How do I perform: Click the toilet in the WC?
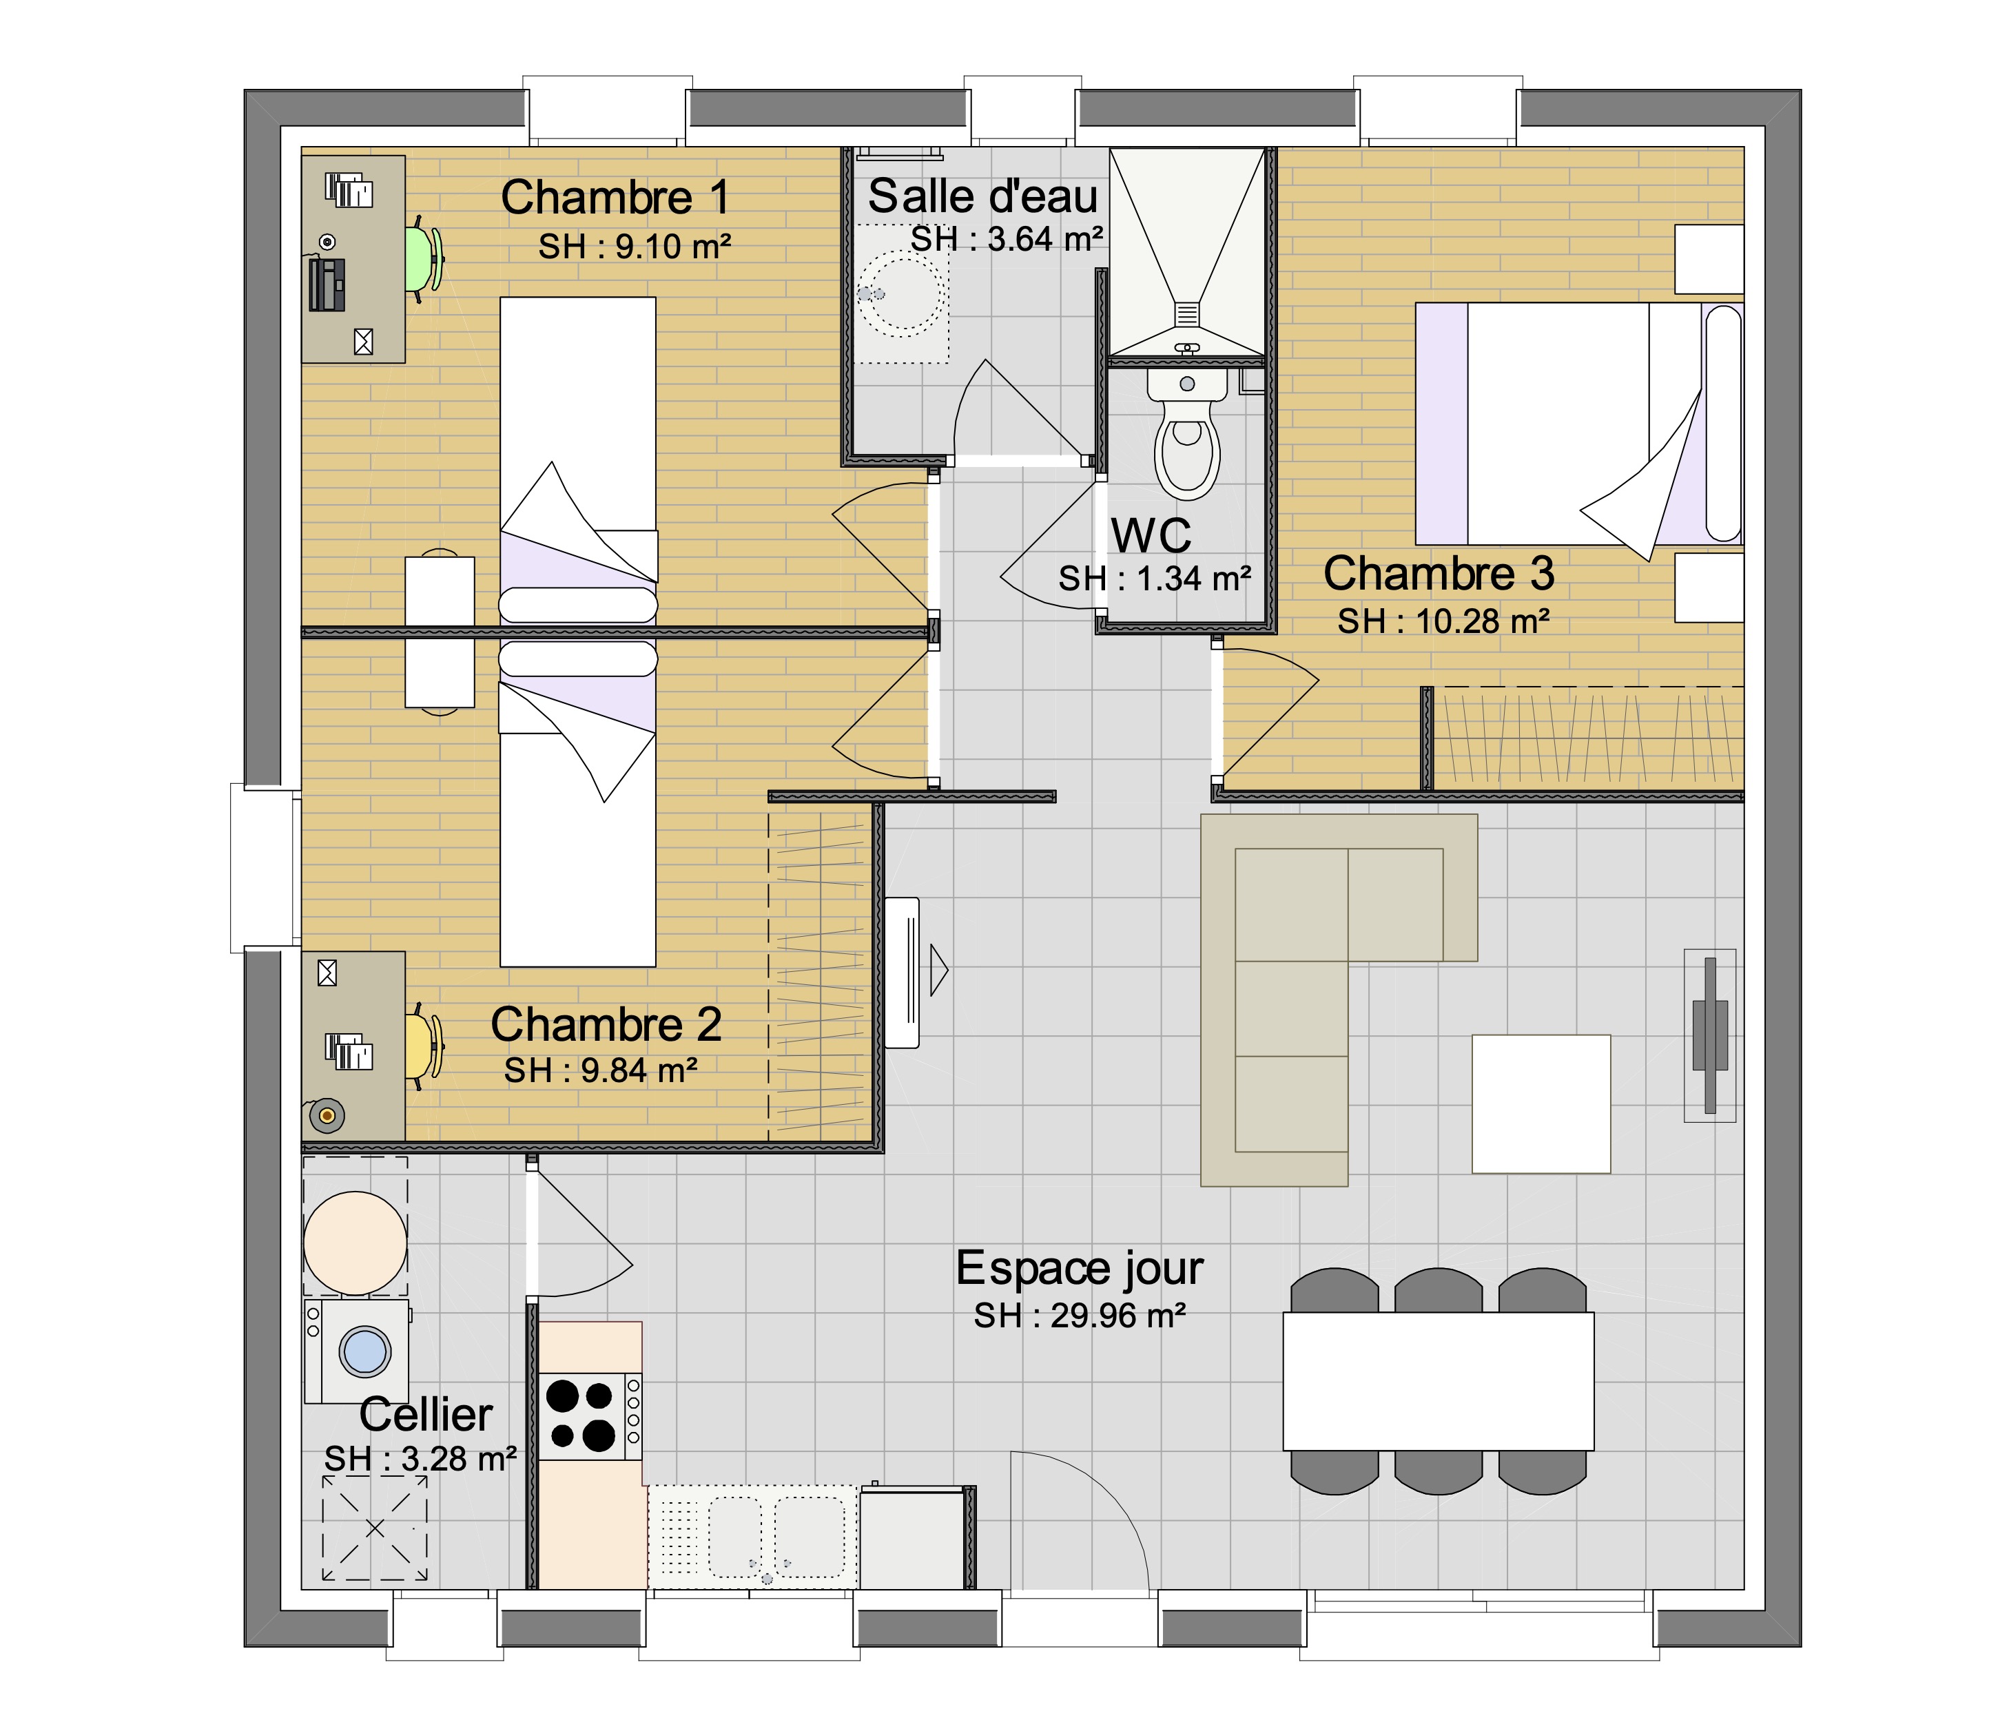tap(1187, 431)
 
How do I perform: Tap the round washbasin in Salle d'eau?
tap(902, 294)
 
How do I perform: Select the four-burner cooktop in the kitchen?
tap(590, 1417)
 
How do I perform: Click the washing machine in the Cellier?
tap(357, 1351)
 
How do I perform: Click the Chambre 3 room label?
tap(1439, 574)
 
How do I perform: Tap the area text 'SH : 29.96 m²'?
tap(1080, 1316)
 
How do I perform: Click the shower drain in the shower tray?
tap(1188, 313)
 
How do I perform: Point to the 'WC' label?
tap(1151, 535)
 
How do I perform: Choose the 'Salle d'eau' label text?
tap(982, 197)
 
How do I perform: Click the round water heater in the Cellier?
tap(355, 1243)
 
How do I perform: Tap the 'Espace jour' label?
tap(1079, 1268)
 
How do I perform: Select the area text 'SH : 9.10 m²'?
tap(635, 247)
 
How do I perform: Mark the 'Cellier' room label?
tap(426, 1415)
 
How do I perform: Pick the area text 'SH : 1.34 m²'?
tap(1155, 579)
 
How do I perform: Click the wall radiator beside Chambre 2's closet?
tap(903, 973)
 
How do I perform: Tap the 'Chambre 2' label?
tap(606, 1025)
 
